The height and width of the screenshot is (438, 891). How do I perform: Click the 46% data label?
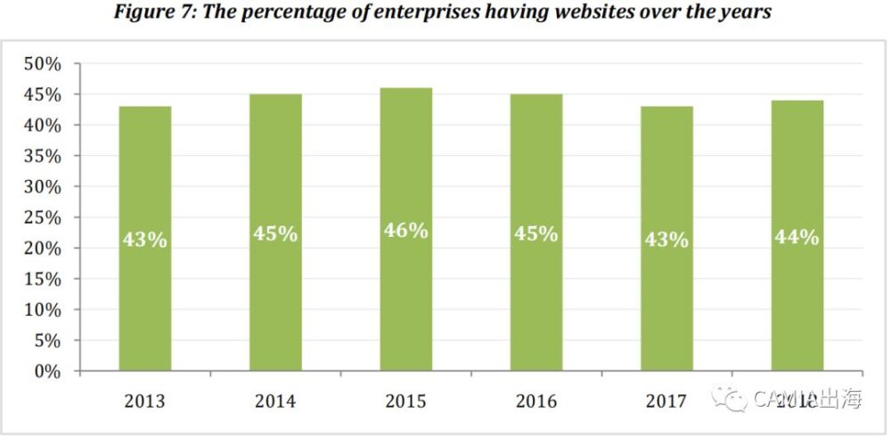click(406, 231)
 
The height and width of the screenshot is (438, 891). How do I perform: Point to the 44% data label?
click(797, 237)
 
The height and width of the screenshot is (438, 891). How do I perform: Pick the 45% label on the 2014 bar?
click(275, 234)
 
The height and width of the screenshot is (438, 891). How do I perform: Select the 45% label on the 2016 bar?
click(536, 234)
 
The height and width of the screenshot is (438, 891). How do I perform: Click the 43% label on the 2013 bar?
click(145, 239)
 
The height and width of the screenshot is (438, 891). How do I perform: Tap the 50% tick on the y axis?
click(42, 65)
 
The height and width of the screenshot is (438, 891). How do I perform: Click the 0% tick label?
click(47, 371)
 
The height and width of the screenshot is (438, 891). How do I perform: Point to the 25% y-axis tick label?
click(42, 218)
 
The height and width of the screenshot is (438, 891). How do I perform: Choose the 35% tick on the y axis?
click(42, 157)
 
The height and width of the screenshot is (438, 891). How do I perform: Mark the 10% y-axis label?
click(42, 310)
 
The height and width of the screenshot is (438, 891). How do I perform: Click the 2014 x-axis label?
click(275, 401)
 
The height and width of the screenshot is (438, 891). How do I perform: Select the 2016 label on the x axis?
click(536, 401)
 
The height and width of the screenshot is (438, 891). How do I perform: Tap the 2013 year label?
click(145, 401)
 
